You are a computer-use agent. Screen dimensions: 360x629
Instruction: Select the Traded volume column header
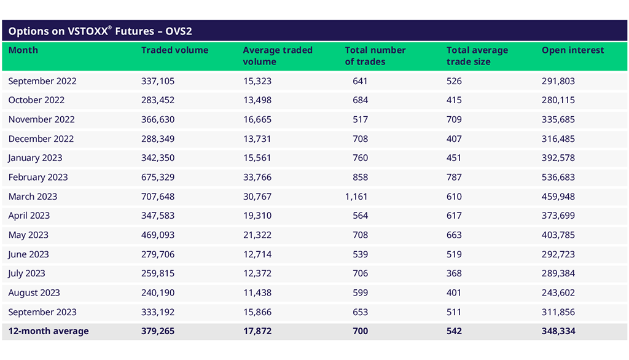[174, 50]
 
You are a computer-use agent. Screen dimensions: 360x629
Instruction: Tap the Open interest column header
[572, 50]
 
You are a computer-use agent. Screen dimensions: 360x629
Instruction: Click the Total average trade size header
[477, 56]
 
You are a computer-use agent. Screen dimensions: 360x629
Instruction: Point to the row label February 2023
[38, 177]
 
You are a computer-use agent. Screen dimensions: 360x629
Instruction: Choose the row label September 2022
[42, 81]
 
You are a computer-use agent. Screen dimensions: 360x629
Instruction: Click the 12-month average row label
[49, 331]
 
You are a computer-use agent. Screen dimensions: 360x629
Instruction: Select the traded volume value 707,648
[158, 197]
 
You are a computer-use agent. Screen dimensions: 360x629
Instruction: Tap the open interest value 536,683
[558, 177]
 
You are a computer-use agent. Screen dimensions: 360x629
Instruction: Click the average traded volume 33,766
[257, 177]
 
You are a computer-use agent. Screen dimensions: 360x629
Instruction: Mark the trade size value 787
[454, 177]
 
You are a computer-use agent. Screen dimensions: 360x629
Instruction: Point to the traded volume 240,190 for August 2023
[158, 293]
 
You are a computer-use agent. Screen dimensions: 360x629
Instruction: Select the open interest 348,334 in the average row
[558, 331]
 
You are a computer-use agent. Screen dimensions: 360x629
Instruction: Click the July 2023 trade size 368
[454, 273]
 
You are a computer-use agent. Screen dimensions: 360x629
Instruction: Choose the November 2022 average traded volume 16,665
[257, 119]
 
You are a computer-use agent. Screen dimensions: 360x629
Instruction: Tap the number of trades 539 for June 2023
[361, 254]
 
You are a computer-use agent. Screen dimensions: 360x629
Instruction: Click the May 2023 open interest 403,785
[558, 235]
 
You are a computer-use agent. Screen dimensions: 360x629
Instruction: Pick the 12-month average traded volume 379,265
[158, 331]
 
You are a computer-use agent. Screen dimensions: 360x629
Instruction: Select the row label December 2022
[41, 139]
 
